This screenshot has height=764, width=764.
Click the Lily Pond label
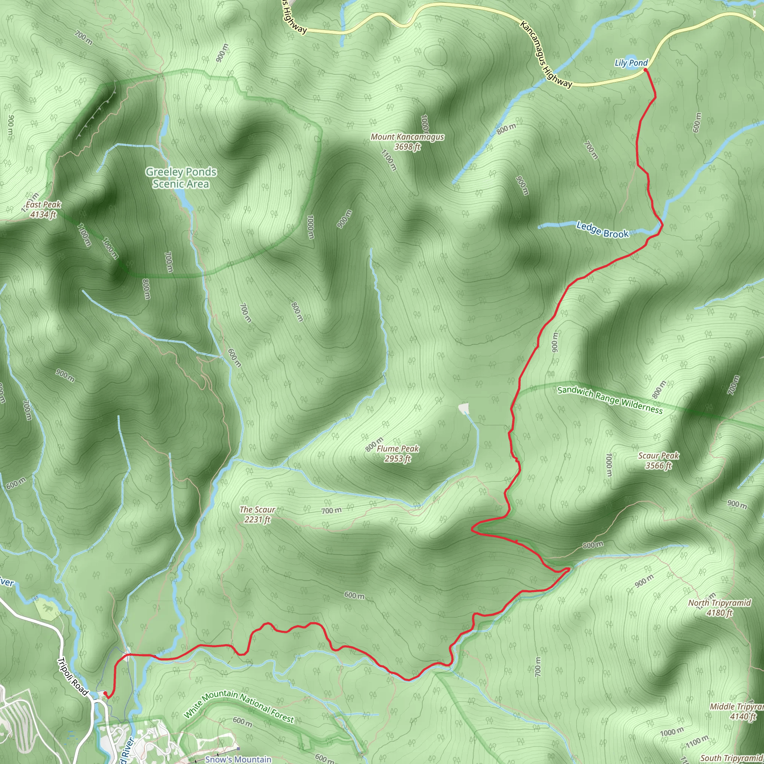coord(631,63)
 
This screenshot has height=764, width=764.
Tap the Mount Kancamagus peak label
coord(407,141)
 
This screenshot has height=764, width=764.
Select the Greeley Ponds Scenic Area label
coord(181,178)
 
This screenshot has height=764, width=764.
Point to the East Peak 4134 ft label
coord(43,209)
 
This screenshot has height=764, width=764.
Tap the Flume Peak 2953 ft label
coord(397,454)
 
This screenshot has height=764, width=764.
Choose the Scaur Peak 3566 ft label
coord(658,460)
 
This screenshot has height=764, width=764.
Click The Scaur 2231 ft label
coord(257,514)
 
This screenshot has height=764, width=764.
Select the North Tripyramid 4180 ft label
coord(719,607)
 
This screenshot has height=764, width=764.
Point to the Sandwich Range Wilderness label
coord(610,400)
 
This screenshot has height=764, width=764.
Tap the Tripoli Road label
coord(73,677)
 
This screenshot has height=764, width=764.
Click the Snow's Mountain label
coord(238,759)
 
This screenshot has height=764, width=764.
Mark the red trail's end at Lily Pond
coord(645,70)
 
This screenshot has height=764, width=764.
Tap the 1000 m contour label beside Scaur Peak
coord(609,466)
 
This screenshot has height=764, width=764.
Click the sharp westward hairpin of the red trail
coord(473,529)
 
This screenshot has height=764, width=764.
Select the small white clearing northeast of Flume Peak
coord(463,408)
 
